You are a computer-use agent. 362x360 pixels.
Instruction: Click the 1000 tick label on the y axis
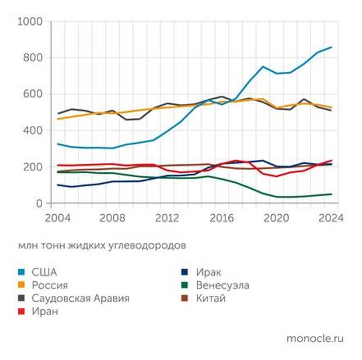(x=30, y=22)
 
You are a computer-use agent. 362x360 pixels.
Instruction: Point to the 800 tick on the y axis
(x=33, y=58)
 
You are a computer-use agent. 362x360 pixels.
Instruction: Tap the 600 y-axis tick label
(x=33, y=95)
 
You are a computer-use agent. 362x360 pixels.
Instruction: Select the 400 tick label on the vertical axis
(x=33, y=131)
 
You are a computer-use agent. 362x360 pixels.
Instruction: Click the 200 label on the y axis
(x=33, y=167)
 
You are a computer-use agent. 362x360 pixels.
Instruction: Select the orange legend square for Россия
(x=22, y=286)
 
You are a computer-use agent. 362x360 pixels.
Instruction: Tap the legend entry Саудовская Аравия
(x=81, y=299)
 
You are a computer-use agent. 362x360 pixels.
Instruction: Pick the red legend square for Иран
(x=22, y=312)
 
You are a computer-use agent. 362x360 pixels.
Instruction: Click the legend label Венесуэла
(x=222, y=286)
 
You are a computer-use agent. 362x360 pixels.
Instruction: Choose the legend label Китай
(x=210, y=299)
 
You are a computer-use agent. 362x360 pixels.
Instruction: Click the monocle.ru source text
(x=315, y=338)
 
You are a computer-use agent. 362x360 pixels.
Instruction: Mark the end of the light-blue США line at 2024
(x=332, y=47)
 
